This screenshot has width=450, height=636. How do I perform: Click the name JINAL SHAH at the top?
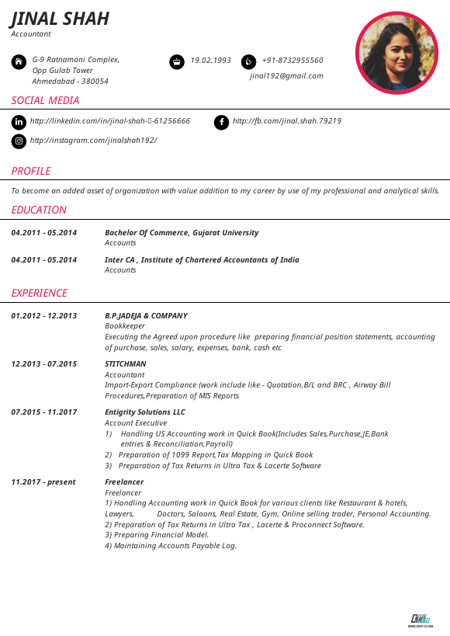[60, 18]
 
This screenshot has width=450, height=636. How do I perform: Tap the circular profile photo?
[396, 53]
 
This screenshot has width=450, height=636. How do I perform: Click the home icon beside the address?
[19, 61]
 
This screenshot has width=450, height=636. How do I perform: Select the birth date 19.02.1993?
[210, 61]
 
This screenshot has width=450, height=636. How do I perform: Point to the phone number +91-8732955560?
[292, 61]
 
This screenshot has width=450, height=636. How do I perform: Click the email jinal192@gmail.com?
[286, 76]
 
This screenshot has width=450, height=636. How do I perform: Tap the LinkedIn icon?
[19, 122]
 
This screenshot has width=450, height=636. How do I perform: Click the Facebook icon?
[221, 122]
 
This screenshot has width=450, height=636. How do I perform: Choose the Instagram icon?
[19, 141]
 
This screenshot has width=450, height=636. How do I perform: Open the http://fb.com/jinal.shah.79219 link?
[286, 121]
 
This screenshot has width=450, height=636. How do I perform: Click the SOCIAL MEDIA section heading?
[45, 100]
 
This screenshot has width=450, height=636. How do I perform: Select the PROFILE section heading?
[31, 171]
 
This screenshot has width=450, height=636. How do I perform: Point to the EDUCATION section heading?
[39, 210]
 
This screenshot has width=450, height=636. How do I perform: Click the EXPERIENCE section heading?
[40, 293]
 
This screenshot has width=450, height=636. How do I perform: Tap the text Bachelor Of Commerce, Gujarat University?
[182, 233]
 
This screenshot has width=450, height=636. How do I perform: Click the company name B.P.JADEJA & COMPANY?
[146, 316]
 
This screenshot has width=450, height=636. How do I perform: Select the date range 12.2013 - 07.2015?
[44, 364]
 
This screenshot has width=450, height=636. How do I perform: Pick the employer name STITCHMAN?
[125, 364]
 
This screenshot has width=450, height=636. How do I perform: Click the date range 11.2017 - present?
[43, 482]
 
